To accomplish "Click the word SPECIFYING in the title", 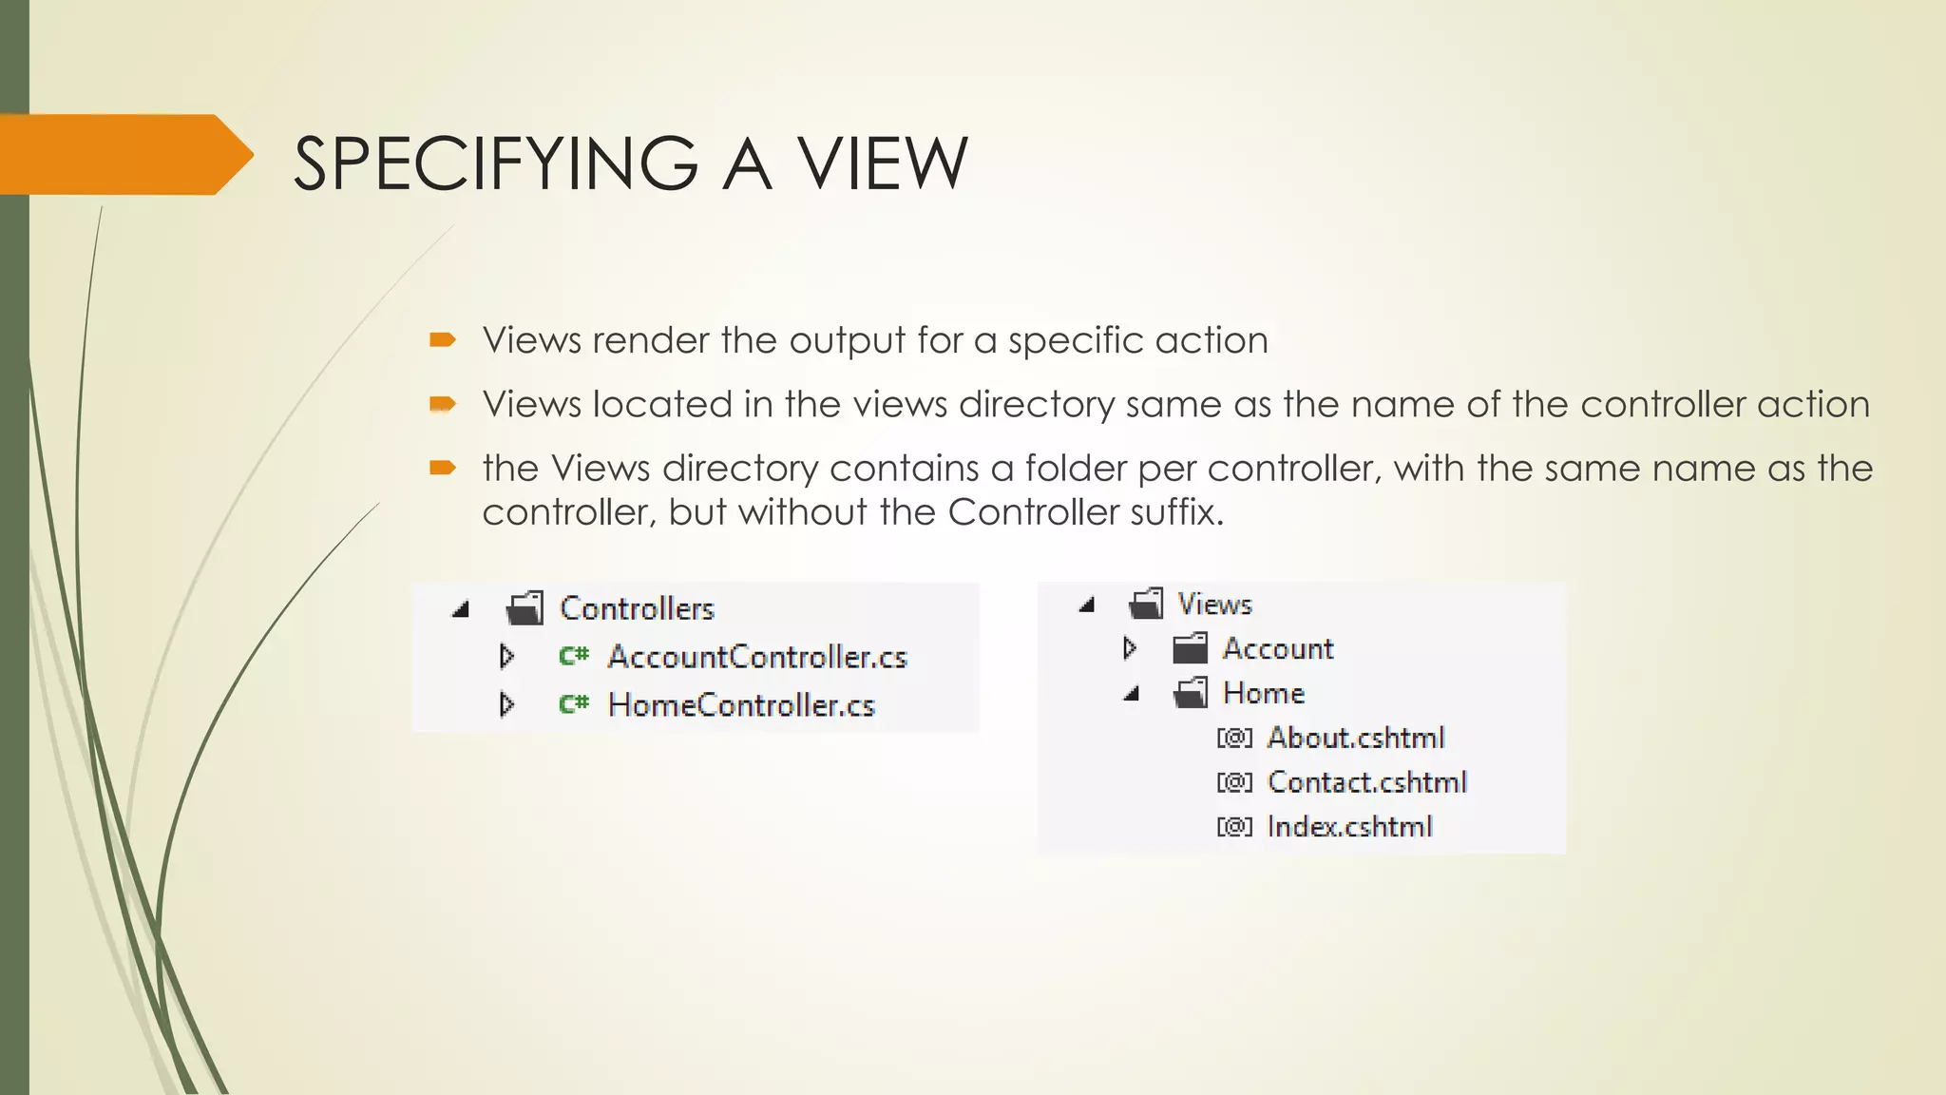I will (x=495, y=163).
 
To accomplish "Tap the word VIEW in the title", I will (x=882, y=163).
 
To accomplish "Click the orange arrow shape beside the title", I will (x=124, y=155).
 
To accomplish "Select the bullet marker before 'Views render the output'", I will (x=443, y=340).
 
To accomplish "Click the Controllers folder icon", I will (x=525, y=608).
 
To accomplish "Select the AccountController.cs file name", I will (x=757, y=657).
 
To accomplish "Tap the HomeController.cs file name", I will (x=741, y=705).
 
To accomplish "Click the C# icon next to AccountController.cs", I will (x=574, y=656).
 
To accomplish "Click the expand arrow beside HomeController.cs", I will (x=507, y=704).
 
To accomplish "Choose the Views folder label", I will (x=1214, y=604).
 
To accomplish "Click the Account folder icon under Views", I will (x=1190, y=649).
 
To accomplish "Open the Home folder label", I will (x=1263, y=693).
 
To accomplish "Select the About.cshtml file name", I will (x=1355, y=738).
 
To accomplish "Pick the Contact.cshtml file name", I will (x=1366, y=782).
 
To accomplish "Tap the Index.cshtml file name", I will (x=1349, y=827).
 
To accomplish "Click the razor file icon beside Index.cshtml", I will (x=1234, y=827).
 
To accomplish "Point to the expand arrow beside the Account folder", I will (x=1130, y=648).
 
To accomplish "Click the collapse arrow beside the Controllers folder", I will (x=461, y=609).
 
